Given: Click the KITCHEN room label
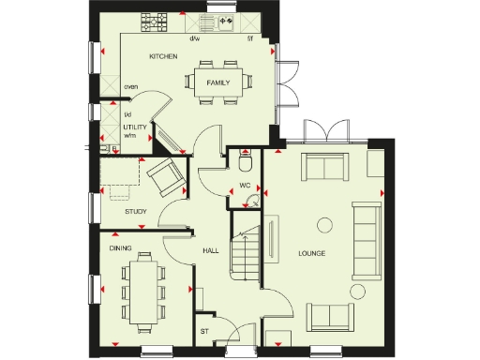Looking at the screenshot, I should pyautogui.click(x=163, y=57).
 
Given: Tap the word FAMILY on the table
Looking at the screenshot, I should pyautogui.click(x=218, y=82).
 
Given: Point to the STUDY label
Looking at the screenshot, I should pyautogui.click(x=136, y=211).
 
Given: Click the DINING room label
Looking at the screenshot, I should pyautogui.click(x=120, y=248).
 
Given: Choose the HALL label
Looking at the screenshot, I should pyautogui.click(x=211, y=251).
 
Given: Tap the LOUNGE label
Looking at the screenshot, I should pyautogui.click(x=311, y=253).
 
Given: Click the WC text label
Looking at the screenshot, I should pyautogui.click(x=244, y=186).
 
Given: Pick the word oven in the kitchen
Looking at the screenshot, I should pyautogui.click(x=130, y=90).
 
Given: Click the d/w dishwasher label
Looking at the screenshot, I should pyautogui.click(x=195, y=38).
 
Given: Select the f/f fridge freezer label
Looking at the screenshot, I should pyautogui.click(x=249, y=38).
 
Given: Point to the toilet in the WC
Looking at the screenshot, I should pyautogui.click(x=246, y=163).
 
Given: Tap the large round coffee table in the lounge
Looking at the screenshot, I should pyautogui.click(x=325, y=224).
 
